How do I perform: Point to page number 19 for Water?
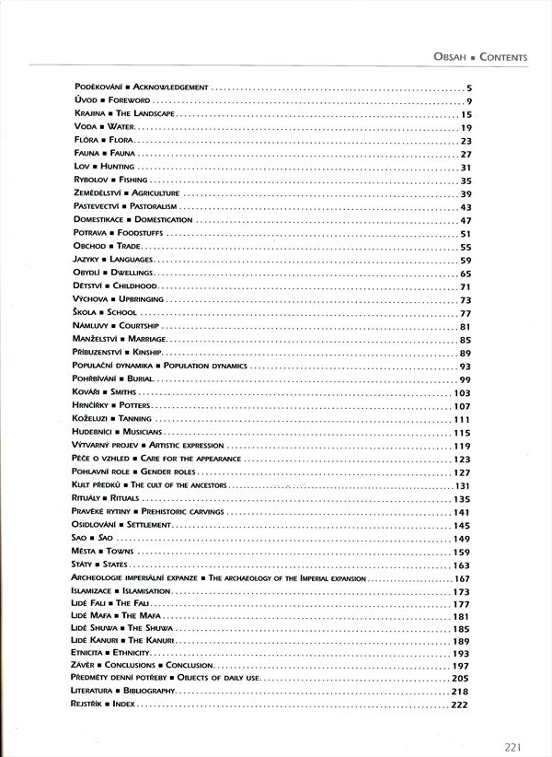click(466, 127)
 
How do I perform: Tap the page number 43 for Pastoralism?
click(466, 207)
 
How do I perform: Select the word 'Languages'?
click(127, 261)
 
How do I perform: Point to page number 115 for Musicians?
click(462, 433)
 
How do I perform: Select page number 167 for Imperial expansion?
click(462, 578)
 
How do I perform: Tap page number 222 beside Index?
click(461, 705)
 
